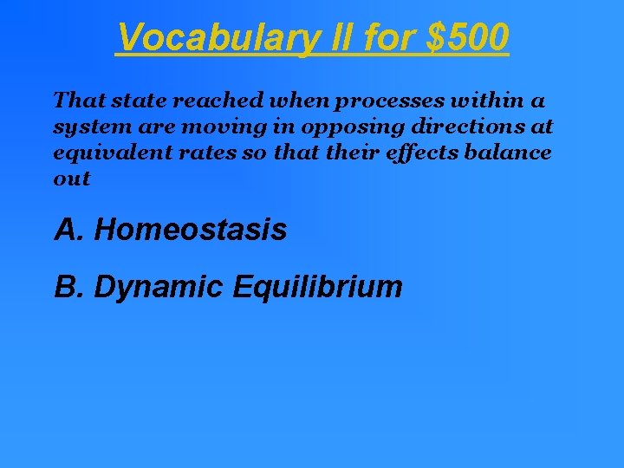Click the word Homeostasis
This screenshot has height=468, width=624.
pos(191,231)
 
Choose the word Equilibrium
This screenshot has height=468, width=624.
pos(318,287)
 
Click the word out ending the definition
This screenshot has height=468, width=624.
pos(71,179)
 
